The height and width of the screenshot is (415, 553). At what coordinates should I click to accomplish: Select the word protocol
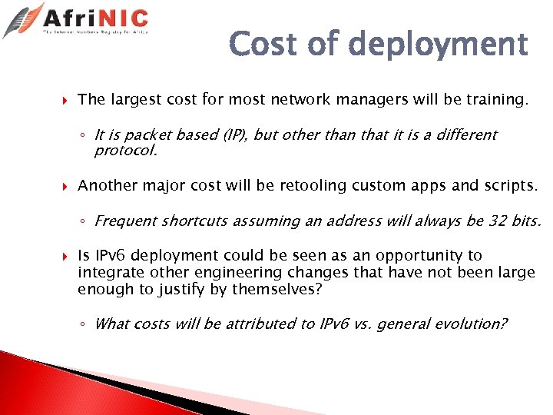point(125,151)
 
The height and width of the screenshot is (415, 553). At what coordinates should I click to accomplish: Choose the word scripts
point(512,185)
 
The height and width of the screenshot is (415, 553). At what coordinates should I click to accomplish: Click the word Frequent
point(123,221)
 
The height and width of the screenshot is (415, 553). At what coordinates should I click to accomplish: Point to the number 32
point(498,221)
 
